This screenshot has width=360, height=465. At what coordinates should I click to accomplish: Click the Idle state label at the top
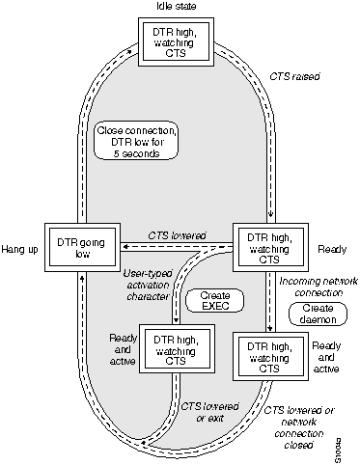pyautogui.click(x=177, y=8)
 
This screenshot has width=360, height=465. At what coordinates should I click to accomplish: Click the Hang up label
pyautogui.click(x=23, y=246)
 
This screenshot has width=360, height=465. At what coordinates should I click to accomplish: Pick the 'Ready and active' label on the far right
pyautogui.click(x=327, y=357)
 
